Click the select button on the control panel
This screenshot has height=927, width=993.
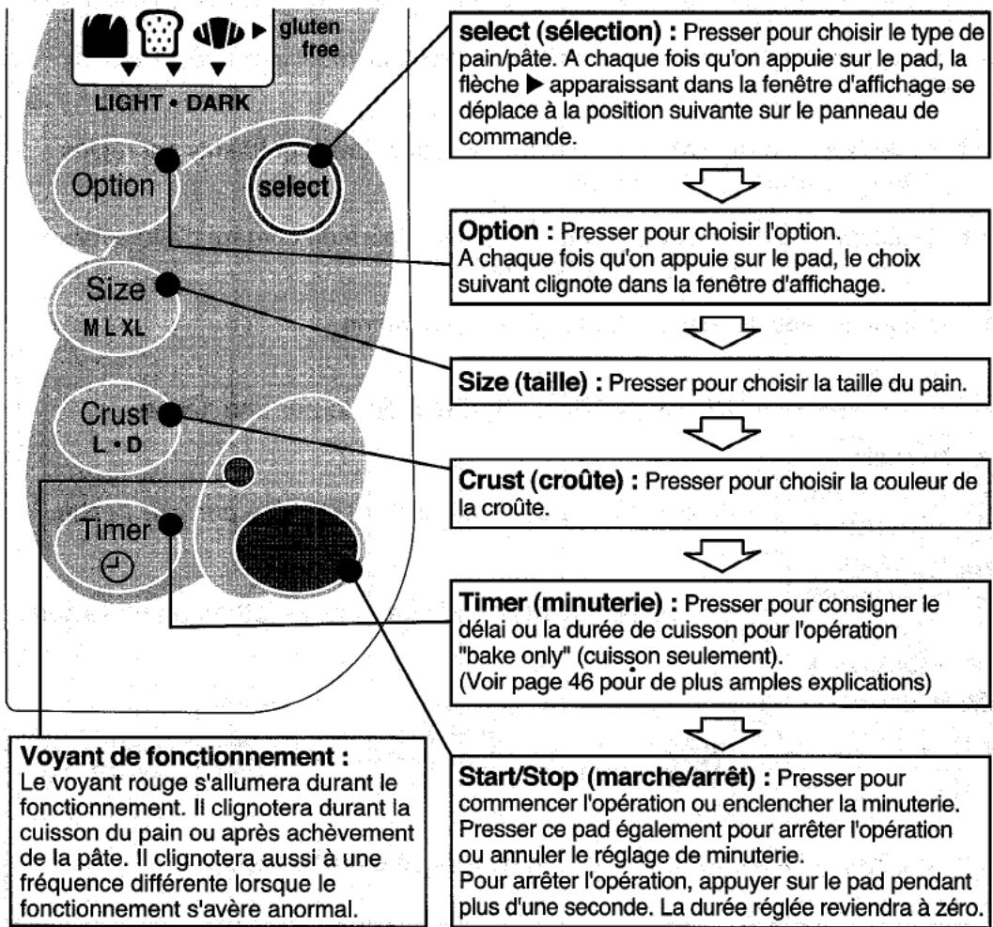294,187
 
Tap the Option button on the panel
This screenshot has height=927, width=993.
114,186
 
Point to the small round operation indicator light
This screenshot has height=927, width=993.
240,471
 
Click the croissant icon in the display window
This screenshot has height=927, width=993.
219,32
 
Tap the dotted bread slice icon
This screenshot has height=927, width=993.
161,32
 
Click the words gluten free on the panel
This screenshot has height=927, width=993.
310,38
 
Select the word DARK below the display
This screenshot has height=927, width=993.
218,102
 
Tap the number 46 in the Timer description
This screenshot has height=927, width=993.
581,682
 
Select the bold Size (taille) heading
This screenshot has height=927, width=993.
530,382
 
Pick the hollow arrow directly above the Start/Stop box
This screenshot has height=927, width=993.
721,733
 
